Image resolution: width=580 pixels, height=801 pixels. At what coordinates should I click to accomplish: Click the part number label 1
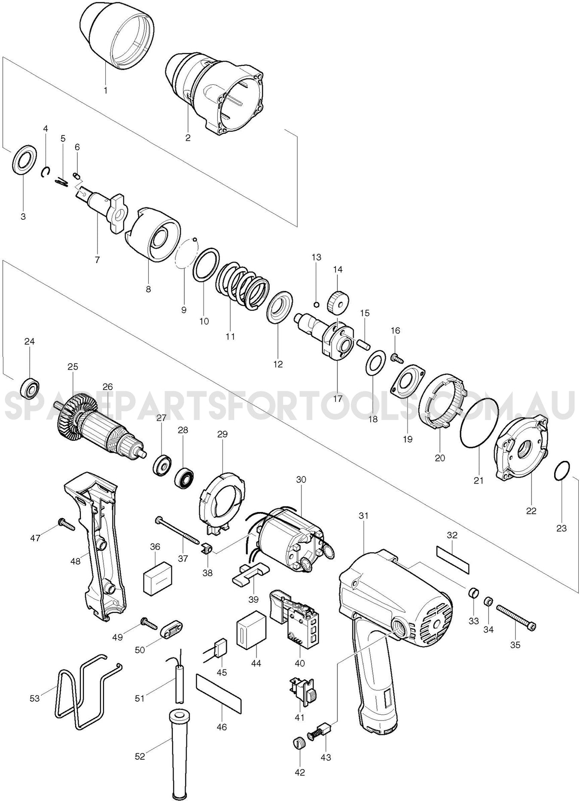(105, 90)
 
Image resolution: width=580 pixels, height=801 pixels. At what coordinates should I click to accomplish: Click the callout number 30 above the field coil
(301, 479)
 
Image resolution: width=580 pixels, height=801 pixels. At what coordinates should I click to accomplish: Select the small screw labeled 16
(396, 356)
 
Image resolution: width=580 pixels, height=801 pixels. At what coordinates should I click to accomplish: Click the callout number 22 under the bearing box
(531, 511)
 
